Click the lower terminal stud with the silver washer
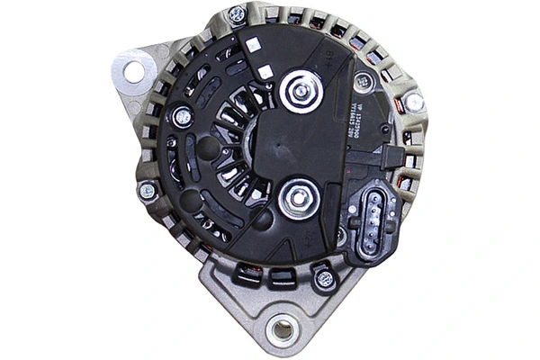point(295,200)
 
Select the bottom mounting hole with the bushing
point(283,328)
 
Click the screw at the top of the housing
point(237,15)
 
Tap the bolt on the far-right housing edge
point(413,103)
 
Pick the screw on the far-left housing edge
point(146,190)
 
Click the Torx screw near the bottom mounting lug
point(325,279)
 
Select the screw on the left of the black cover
point(182,115)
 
